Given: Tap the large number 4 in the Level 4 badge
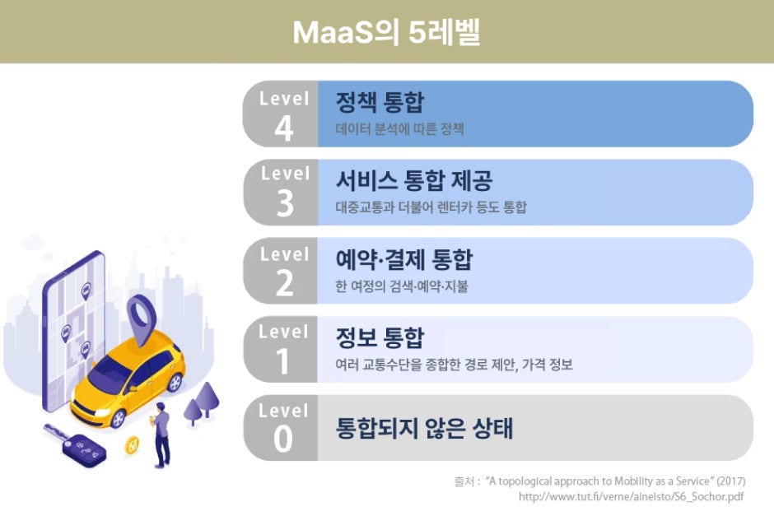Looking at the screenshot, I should [x=284, y=128].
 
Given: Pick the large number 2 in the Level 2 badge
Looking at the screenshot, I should [x=284, y=283].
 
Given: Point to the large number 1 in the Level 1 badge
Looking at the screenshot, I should [x=284, y=361].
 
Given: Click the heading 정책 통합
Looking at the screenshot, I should [x=380, y=103].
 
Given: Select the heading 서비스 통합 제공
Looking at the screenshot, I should [x=414, y=180].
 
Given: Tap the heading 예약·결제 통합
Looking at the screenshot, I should [x=404, y=260].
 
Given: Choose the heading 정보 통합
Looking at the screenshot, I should [x=380, y=338].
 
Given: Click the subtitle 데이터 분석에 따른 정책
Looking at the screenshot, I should [x=400, y=129].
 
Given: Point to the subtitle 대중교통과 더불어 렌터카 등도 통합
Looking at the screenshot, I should [x=431, y=207].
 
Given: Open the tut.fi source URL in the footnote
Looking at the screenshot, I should [x=632, y=497].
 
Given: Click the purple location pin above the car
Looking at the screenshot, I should [x=141, y=317].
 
